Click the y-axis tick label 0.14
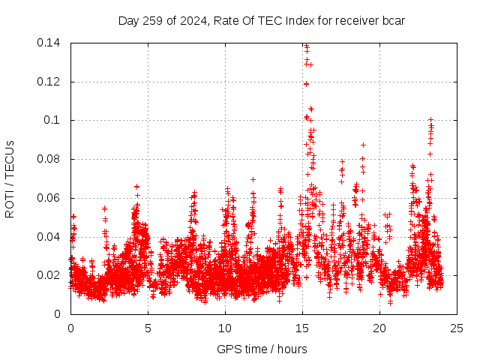pos(50,43)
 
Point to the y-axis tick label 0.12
pos(50,82)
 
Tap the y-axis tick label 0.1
pos(53,120)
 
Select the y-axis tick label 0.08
pos(50,159)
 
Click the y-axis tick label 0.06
pos(50,198)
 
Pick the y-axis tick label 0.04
pos(50,237)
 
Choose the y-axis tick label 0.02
pos(50,275)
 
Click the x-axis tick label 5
pos(148,328)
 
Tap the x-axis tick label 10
pos(225,328)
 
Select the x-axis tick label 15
pos(302,328)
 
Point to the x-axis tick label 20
pos(379,328)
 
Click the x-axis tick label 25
pos(457,328)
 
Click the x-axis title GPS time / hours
pos(262,349)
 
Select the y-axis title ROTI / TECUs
pos(10,178)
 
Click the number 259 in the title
pos(154,20)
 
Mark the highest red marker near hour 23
pos(430,119)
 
